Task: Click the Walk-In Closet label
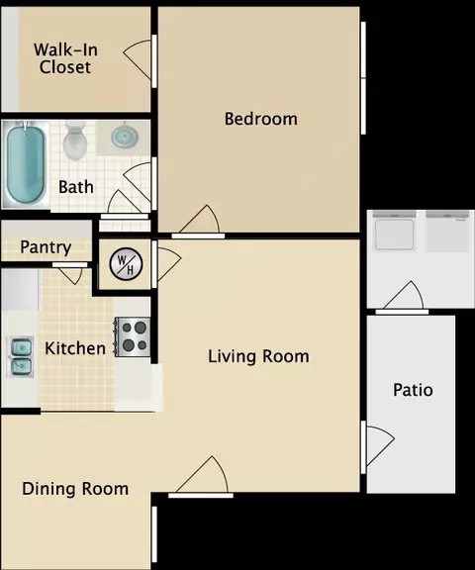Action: click(65, 58)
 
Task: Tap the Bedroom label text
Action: click(261, 119)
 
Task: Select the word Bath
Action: click(76, 187)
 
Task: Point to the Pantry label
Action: click(46, 247)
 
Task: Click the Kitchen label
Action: click(75, 348)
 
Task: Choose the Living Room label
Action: click(258, 356)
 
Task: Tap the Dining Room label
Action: click(75, 489)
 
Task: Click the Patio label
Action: click(413, 390)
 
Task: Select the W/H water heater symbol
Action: click(126, 264)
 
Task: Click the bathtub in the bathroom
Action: click(26, 164)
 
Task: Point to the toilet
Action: click(75, 142)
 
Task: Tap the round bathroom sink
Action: click(125, 137)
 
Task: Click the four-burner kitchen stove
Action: click(133, 337)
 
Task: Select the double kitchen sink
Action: click(22, 357)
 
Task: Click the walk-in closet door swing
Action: click(140, 60)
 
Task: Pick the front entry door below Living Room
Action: click(201, 477)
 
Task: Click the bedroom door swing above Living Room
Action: click(199, 222)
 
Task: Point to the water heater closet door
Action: click(167, 264)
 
